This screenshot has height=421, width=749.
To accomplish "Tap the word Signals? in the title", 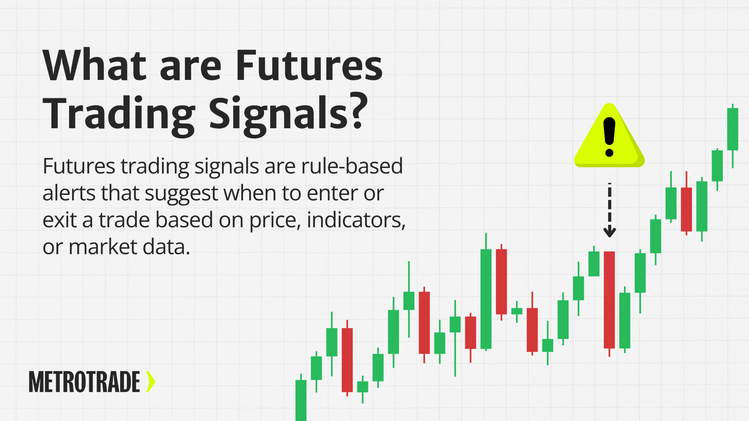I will [x=288, y=114].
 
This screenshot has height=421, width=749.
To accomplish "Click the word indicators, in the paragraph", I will [x=356, y=220].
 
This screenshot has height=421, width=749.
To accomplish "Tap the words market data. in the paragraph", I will [x=129, y=247].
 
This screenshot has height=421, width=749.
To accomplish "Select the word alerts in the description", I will [x=68, y=193].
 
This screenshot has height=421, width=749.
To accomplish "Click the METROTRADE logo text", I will [x=84, y=382].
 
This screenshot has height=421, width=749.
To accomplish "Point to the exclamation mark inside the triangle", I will [x=609, y=136].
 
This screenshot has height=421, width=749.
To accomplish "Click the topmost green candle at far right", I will [x=733, y=129].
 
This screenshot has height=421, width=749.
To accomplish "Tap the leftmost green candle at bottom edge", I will [x=301, y=400].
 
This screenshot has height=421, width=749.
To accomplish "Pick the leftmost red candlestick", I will [x=347, y=359].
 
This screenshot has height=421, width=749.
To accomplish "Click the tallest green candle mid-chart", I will [x=486, y=299].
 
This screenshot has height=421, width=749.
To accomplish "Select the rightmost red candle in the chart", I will [x=686, y=209].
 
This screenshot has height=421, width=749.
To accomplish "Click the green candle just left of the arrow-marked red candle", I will [x=594, y=264].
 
